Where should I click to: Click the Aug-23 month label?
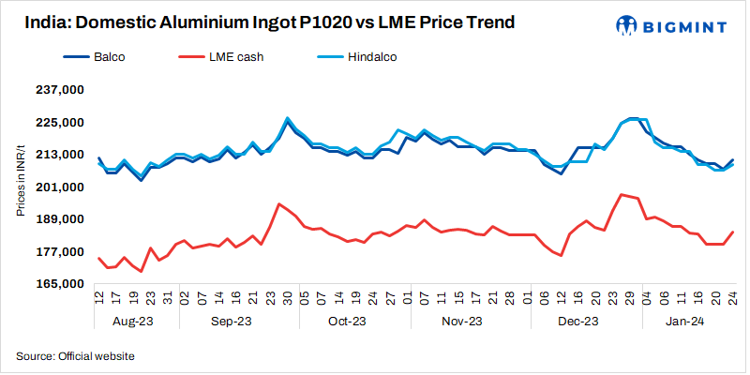click(132, 322)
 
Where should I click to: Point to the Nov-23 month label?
click(461, 322)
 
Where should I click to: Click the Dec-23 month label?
click(577, 322)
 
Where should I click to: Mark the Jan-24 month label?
click(685, 322)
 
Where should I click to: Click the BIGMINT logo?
click(667, 23)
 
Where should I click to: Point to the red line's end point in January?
click(732, 232)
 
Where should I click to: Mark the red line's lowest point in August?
click(142, 271)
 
